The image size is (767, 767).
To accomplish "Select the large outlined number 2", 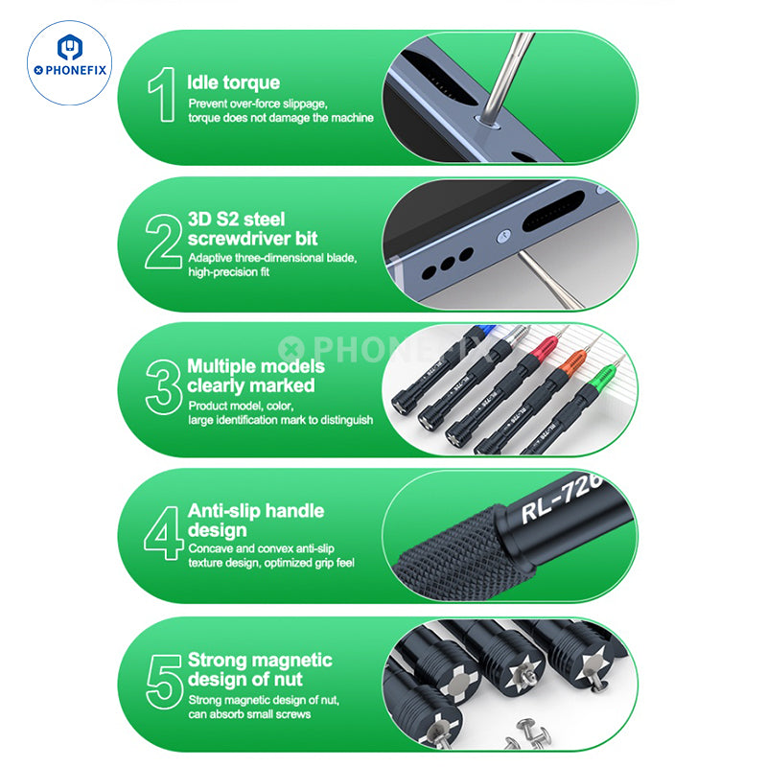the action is [163, 242].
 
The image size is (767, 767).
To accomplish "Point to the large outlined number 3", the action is [164, 387].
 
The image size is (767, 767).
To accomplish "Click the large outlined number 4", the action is [164, 533].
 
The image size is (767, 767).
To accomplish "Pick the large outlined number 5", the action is [165, 682].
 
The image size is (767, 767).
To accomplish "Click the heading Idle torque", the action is [233, 82].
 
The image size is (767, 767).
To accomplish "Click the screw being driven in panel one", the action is [487, 122].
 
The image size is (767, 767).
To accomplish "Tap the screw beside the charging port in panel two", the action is [503, 237].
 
